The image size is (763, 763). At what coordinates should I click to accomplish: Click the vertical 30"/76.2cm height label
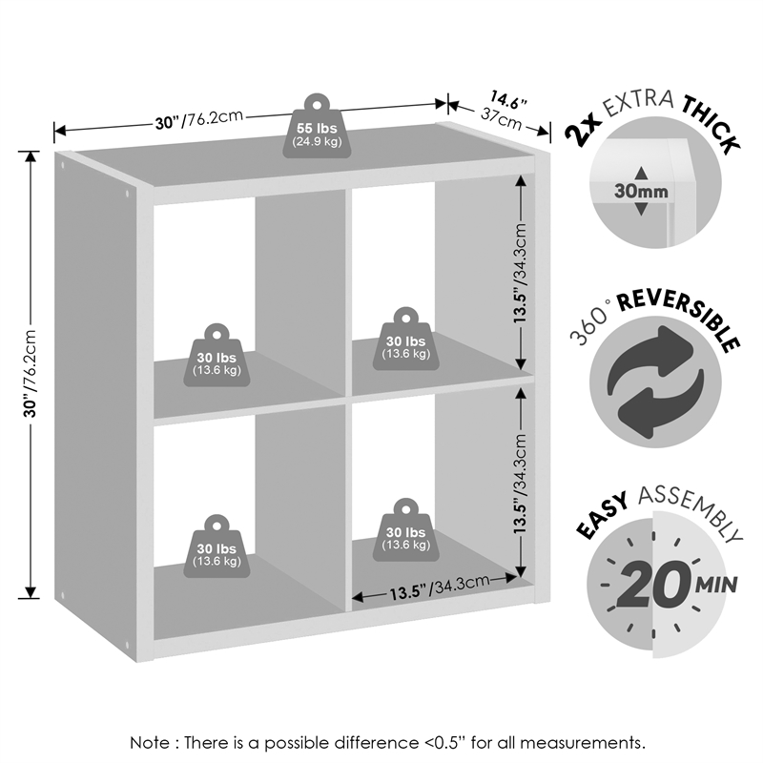[x=31, y=373]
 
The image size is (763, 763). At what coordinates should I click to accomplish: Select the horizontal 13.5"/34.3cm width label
[x=440, y=590]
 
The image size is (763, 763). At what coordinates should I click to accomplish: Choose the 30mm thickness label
[x=640, y=191]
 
